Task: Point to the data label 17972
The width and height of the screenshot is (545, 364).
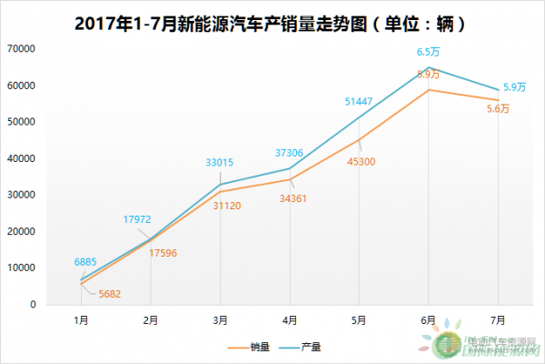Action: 138,218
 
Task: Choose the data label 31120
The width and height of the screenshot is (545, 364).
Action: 234,207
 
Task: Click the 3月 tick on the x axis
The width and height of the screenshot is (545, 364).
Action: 220,319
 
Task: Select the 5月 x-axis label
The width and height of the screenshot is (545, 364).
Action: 359,319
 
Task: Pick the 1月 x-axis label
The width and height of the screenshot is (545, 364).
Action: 82,319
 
